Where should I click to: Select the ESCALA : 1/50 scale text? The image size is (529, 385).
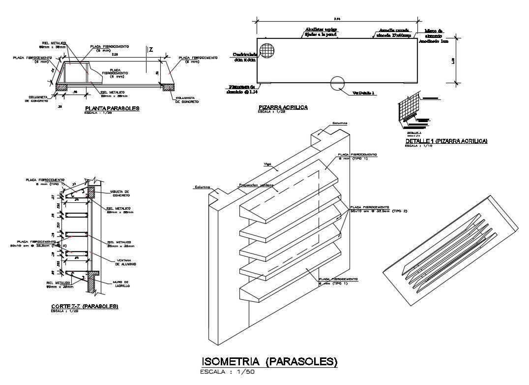[x=227, y=372]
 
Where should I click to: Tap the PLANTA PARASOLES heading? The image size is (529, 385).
[x=112, y=108]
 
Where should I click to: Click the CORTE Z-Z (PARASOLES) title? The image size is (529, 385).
[x=85, y=306]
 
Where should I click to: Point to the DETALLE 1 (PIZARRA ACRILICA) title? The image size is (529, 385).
[x=446, y=141]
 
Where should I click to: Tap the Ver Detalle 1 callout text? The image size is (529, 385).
[x=364, y=93]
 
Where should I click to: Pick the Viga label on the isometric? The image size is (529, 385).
[x=268, y=164]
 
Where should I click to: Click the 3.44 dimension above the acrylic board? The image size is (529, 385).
[x=337, y=19]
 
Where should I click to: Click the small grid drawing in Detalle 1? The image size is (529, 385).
[x=407, y=110]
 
